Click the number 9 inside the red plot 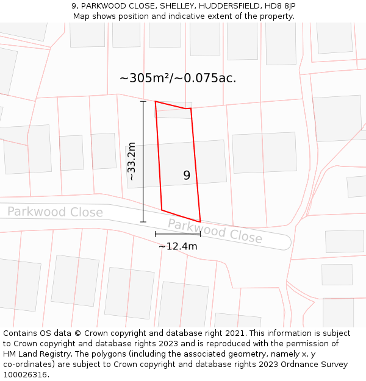tap(187, 176)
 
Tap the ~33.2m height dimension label tap(131, 162)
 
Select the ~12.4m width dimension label tap(178, 246)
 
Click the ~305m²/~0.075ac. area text tap(178, 78)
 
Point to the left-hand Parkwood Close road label tap(55, 212)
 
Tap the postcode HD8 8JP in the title tap(281, 6)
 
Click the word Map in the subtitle tap(82, 16)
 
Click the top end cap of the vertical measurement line tap(143, 101)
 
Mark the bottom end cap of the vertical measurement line tap(143, 222)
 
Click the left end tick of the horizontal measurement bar tap(155, 233)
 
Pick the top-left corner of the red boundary tap(156, 102)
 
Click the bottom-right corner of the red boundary tap(200, 222)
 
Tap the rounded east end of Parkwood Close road tap(285, 242)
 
